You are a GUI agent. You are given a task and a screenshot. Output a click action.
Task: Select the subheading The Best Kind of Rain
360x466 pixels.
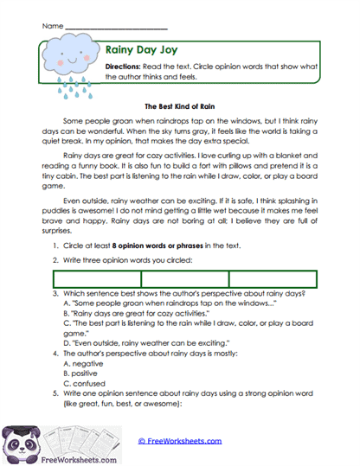179,105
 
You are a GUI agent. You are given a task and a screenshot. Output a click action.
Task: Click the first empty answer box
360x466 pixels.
96,279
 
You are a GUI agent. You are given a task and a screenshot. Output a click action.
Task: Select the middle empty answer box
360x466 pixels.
184,279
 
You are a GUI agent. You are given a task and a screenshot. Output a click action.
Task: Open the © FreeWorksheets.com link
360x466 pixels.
179,440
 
